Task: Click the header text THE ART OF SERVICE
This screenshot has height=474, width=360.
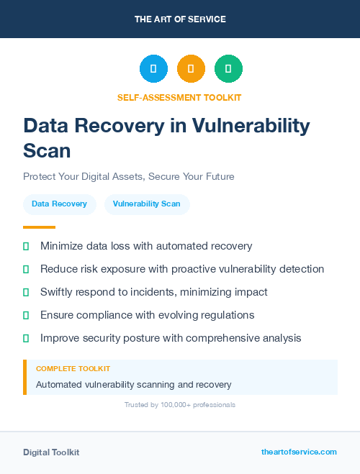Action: pyautogui.click(x=180, y=19)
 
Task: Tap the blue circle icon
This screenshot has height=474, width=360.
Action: pyautogui.click(x=153, y=68)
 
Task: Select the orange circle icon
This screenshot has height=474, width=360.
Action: pyautogui.click(x=191, y=68)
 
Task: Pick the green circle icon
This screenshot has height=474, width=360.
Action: pyautogui.click(x=228, y=68)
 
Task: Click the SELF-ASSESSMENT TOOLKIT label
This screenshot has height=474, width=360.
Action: pyautogui.click(x=180, y=97)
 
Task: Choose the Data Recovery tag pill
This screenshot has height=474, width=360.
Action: pyautogui.click(x=59, y=204)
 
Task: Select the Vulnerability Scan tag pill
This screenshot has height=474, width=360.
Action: pyautogui.click(x=147, y=204)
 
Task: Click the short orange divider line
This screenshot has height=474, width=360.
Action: pyautogui.click(x=39, y=227)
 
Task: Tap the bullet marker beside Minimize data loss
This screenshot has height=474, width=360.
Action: pyautogui.click(x=26, y=246)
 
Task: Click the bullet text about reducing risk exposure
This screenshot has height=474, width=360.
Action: pyautogui.click(x=182, y=269)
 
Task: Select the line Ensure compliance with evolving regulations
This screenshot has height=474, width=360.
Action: pyautogui.click(x=148, y=315)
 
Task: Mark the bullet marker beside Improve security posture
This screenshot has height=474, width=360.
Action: pyautogui.click(x=26, y=338)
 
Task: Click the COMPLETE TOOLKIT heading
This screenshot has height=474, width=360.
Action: pyautogui.click(x=73, y=368)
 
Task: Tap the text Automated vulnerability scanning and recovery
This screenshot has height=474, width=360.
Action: pyautogui.click(x=134, y=385)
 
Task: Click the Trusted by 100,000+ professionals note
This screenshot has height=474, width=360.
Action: pyautogui.click(x=180, y=405)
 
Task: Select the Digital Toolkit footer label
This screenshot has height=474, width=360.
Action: pyautogui.click(x=51, y=452)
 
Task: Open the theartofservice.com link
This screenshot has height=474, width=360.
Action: pyautogui.click(x=299, y=452)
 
